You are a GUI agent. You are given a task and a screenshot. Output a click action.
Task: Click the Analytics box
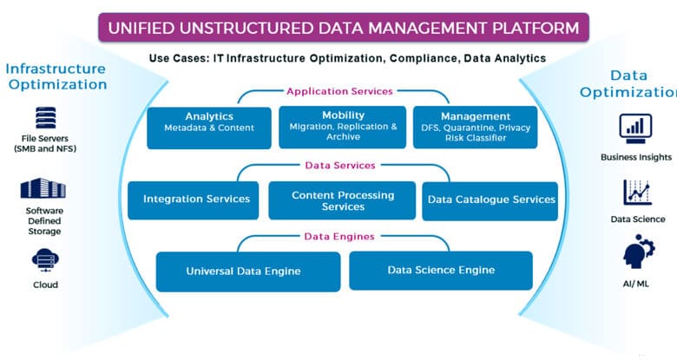point(209,128)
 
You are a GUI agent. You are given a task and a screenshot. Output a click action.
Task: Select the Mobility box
point(342,128)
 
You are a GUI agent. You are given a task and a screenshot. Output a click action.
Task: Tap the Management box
point(476,128)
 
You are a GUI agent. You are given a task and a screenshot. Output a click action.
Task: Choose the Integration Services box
point(194,200)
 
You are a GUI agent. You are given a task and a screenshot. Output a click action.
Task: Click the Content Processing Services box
point(342,200)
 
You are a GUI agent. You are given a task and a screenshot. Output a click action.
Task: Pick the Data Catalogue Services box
point(490,201)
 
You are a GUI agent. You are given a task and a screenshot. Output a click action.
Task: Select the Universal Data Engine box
point(248,272)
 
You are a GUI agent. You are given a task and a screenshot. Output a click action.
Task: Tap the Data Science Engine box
point(441,271)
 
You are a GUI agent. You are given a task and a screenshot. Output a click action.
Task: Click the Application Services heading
point(339,91)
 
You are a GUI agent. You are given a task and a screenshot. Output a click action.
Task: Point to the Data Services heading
point(340,166)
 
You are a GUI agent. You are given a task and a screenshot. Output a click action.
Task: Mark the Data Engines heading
point(339,237)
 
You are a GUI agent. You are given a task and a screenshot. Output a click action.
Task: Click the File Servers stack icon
point(46,118)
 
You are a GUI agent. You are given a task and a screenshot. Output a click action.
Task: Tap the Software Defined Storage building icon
point(43,188)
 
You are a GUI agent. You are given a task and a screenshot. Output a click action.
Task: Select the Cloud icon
point(45,260)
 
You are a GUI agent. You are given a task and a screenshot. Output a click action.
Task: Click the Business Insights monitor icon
point(635,128)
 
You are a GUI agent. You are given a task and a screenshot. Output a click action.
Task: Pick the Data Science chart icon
point(637,192)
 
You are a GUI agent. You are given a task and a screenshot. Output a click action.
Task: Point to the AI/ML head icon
point(639,252)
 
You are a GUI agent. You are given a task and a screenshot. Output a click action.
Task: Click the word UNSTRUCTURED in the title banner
point(250,28)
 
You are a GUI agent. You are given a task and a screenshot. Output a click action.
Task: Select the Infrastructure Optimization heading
point(56,77)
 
